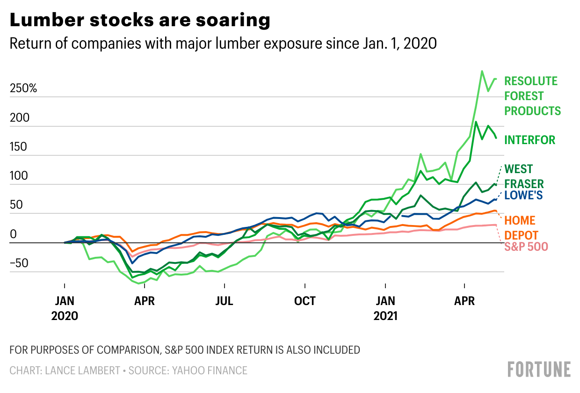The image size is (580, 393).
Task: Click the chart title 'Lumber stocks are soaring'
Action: click(x=140, y=21)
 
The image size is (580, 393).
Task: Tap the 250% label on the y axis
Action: click(x=23, y=88)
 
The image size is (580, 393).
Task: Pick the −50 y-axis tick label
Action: click(x=20, y=263)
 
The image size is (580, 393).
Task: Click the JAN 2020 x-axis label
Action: click(x=65, y=307)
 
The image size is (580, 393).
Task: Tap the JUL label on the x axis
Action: click(x=225, y=300)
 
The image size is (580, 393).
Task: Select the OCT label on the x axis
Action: click(x=305, y=300)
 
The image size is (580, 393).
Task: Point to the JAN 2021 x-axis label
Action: click(x=385, y=307)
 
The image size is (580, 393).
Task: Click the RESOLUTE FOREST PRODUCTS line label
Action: click(x=532, y=96)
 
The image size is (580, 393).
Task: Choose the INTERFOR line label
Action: click(x=529, y=139)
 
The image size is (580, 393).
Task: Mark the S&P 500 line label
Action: click(x=526, y=247)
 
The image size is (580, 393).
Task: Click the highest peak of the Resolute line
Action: click(x=482, y=71)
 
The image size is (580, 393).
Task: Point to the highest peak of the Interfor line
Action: click(x=476, y=122)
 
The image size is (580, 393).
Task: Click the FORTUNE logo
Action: click(x=539, y=369)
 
